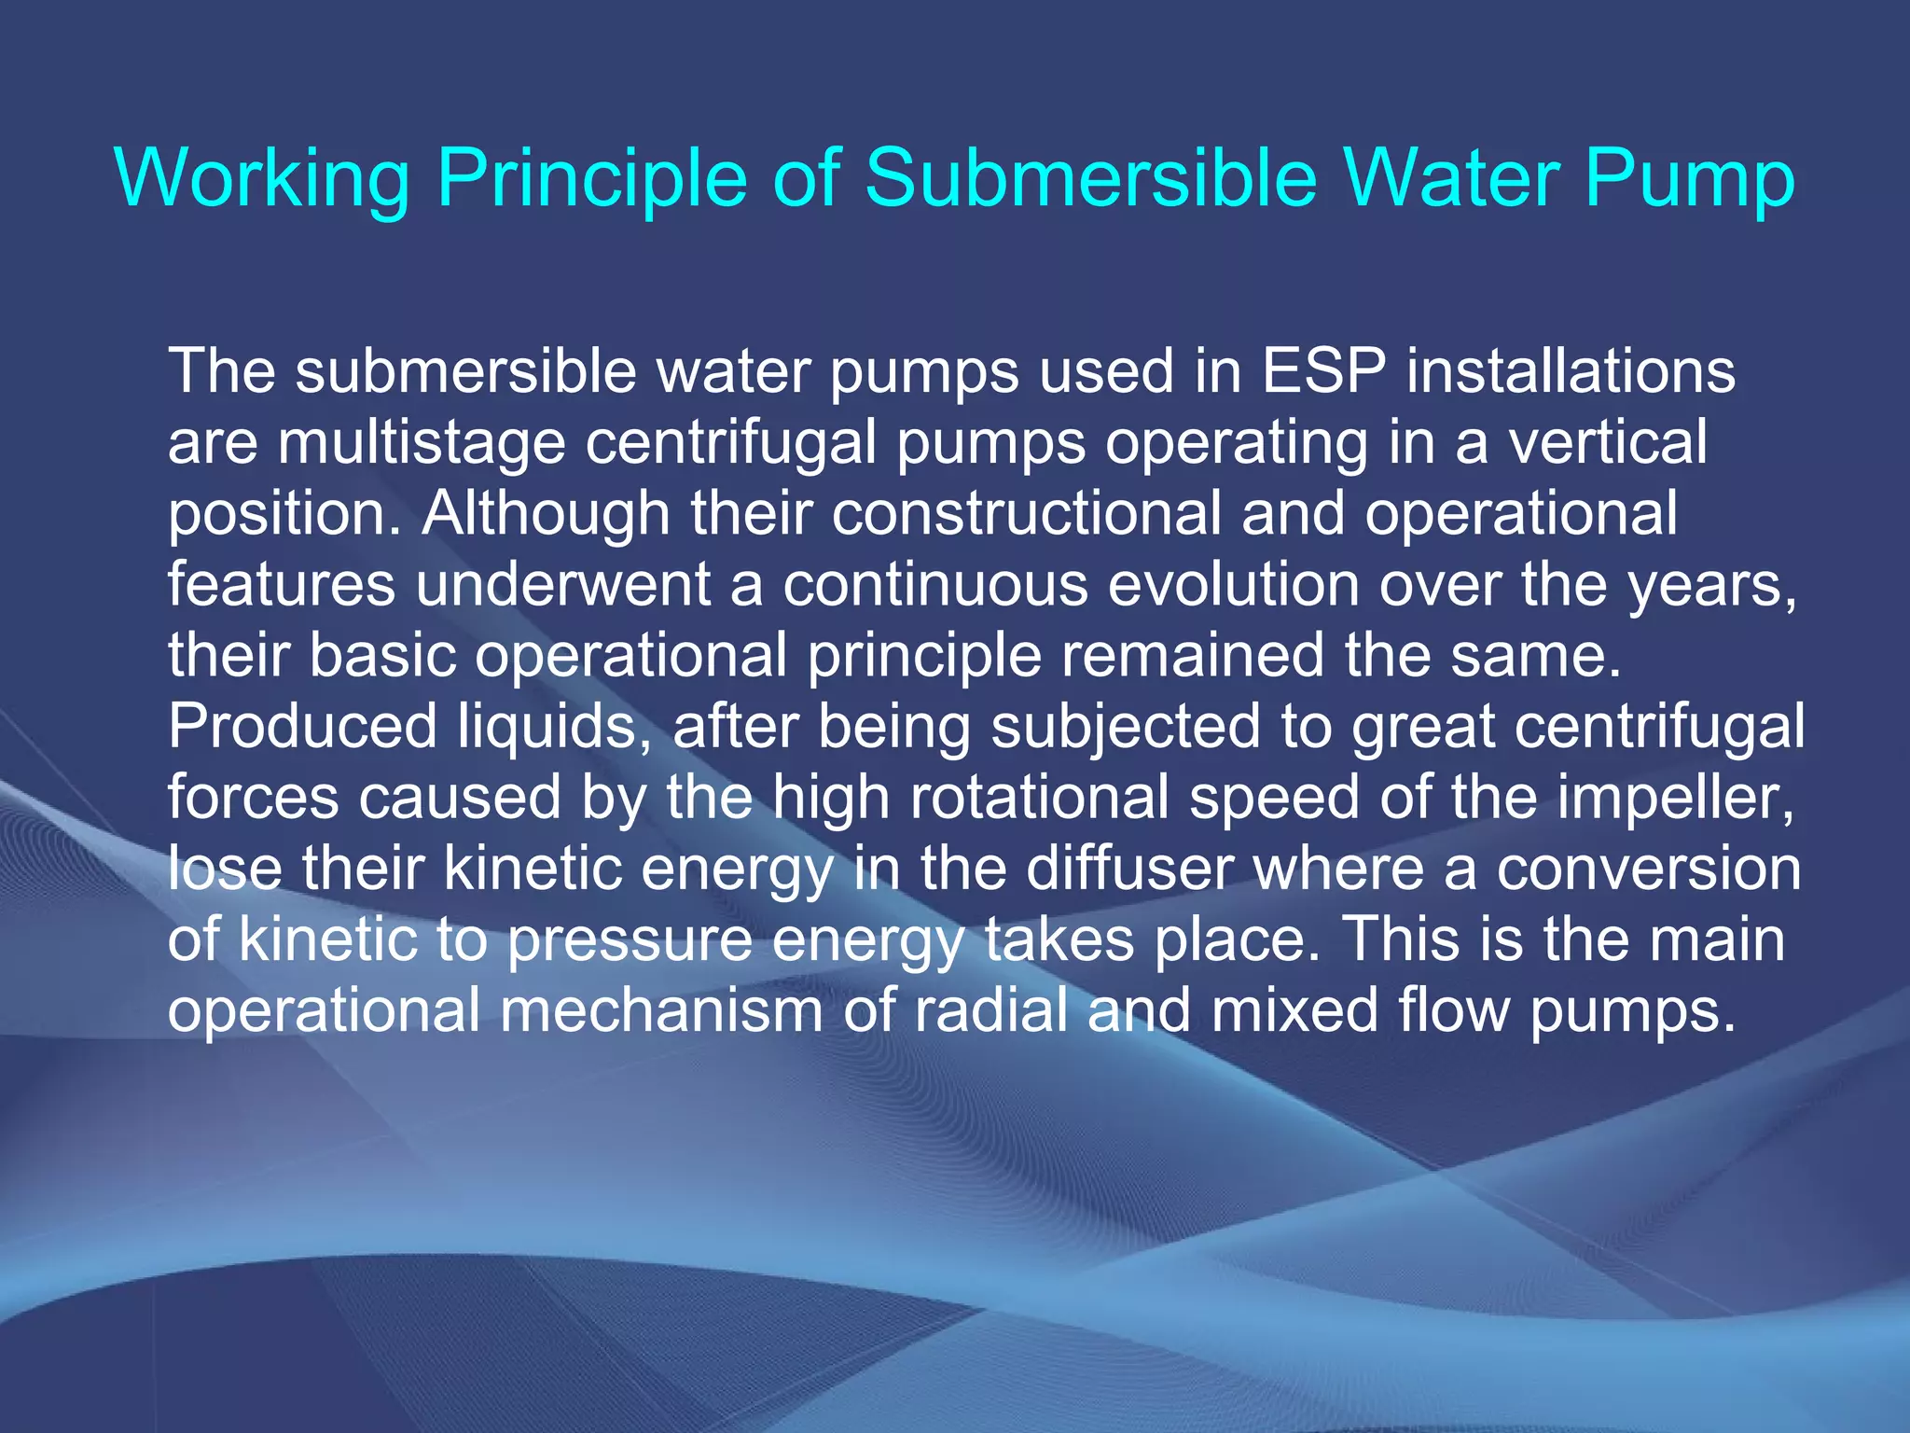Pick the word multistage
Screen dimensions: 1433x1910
pyautogui.click(x=422, y=442)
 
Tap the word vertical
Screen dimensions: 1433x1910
pyautogui.click(x=1609, y=442)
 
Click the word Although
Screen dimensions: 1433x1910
pyautogui.click(x=547, y=513)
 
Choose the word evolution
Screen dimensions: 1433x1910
pyautogui.click(x=1233, y=585)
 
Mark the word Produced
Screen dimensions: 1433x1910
pyautogui.click(x=302, y=727)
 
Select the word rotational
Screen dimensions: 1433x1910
pyautogui.click(x=1039, y=798)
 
